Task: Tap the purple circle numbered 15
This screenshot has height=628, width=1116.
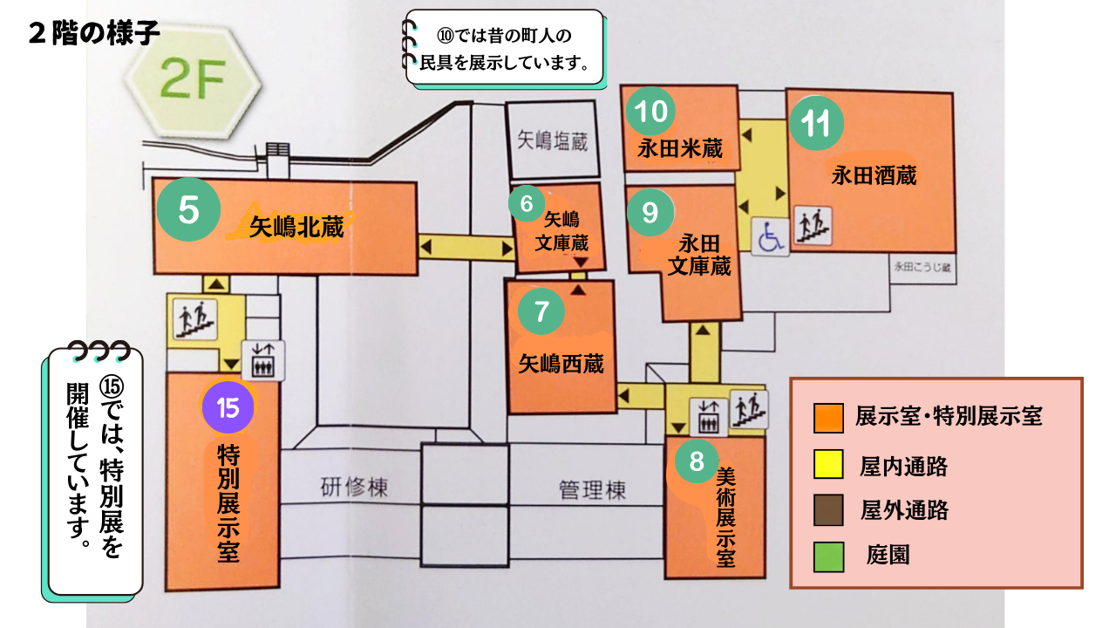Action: click(x=228, y=407)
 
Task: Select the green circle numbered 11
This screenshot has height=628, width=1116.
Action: click(x=817, y=125)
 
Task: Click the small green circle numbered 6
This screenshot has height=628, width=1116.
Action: click(x=527, y=204)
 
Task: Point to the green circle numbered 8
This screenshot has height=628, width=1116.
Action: click(x=696, y=461)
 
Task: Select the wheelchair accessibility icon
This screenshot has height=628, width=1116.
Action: click(x=771, y=237)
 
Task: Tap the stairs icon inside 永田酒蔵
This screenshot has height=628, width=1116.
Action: click(x=813, y=225)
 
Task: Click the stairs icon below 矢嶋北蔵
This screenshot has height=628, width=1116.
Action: click(x=194, y=317)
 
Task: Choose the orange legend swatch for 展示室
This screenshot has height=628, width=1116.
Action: click(x=828, y=418)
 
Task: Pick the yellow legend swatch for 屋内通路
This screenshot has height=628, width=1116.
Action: click(x=828, y=464)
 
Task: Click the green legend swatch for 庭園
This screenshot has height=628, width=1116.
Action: click(x=828, y=557)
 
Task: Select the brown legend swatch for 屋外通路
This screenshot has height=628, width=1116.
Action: click(x=828, y=511)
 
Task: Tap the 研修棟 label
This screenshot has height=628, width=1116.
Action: click(x=353, y=488)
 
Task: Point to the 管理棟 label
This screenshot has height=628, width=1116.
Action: click(x=592, y=490)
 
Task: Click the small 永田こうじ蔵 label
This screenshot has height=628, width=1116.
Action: click(x=921, y=270)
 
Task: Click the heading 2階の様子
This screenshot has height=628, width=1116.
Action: click(x=94, y=33)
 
